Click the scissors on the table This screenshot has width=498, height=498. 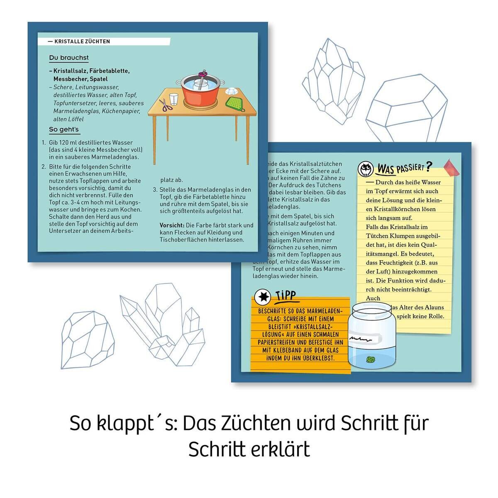pos(165,105)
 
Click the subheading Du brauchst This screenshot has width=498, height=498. pos(68,58)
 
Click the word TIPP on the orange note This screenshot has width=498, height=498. pos(286,295)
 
